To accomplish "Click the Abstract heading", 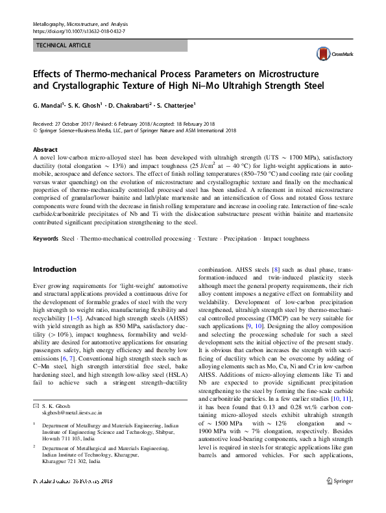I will pyautogui.click(x=45, y=149).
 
